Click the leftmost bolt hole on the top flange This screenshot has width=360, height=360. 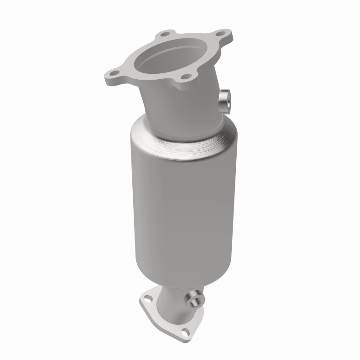click(112, 72)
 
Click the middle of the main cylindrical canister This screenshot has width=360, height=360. click(182, 207)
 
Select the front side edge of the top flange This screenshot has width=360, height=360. click(148, 83)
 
